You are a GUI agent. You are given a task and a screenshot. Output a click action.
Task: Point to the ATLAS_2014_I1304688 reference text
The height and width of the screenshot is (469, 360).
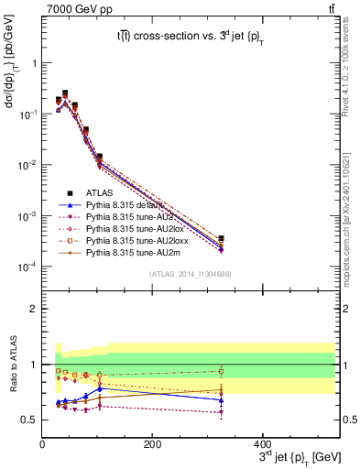tap(191, 274)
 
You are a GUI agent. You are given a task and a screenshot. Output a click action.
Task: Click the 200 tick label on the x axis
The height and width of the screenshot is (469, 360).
tap(152, 443)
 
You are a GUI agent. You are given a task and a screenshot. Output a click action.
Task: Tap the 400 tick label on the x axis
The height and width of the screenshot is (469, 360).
tap(262, 443)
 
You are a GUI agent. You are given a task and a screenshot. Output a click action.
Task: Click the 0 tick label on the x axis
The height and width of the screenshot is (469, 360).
tap(42, 443)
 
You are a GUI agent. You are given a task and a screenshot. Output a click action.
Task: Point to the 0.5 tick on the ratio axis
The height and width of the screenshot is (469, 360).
tap(29, 420)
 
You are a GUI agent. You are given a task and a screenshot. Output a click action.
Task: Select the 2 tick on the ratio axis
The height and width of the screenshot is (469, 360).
tap(34, 309)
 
